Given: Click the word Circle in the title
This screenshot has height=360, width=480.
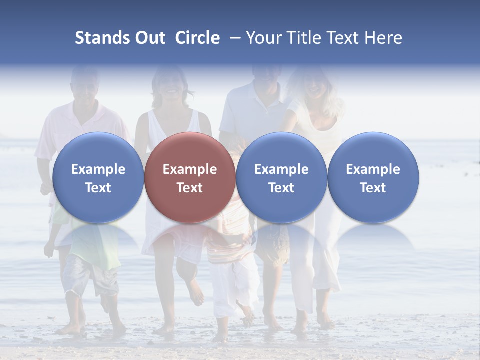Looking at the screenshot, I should tap(197, 38).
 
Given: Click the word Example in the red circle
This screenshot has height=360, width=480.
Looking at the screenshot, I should tap(190, 169).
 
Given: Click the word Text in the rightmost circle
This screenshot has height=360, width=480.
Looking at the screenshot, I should tap(373, 188).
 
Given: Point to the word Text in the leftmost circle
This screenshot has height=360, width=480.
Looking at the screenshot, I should tap(98, 188).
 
